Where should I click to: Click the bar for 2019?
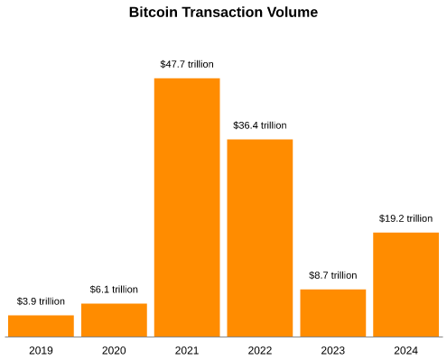[41, 326]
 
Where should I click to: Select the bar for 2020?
[114, 320]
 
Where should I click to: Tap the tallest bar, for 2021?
[187, 208]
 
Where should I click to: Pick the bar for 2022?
[260, 238]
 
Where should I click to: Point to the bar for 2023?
[333, 313]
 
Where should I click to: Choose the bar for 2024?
[405, 284]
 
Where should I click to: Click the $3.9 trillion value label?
[41, 301]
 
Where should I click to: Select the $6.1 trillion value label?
[114, 290]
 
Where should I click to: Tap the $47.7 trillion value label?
[187, 64]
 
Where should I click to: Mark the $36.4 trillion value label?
[260, 125]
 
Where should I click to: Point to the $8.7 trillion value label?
[333, 275]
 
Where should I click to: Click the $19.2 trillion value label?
[405, 218]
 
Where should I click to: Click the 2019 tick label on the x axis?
[41, 350]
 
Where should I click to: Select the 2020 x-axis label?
[114, 350]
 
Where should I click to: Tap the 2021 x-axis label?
[187, 350]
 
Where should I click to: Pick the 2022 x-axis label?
[260, 350]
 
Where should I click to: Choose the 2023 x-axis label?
[333, 350]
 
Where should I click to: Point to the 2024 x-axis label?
[405, 350]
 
